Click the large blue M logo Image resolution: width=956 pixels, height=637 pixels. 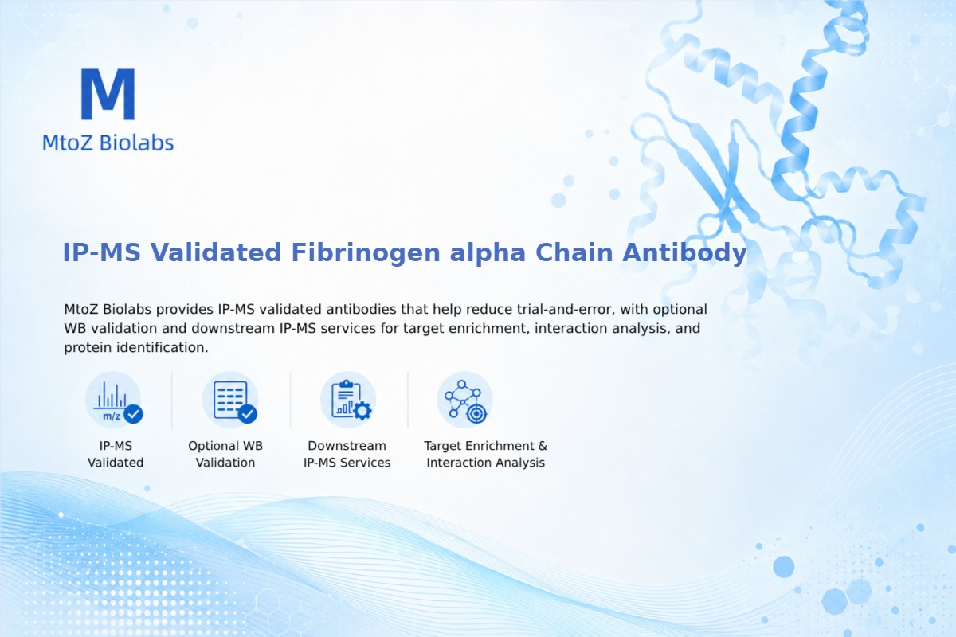point(108,94)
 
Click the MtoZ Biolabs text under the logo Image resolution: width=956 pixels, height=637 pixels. point(108,143)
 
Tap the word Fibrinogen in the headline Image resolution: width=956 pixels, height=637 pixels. point(366,252)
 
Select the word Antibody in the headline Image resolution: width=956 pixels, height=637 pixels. point(684,253)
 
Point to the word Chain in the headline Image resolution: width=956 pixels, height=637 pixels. point(574,252)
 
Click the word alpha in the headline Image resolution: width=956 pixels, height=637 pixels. point(488,253)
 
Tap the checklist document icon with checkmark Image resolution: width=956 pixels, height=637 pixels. point(231,401)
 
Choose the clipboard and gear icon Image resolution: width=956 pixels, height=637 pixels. point(348,401)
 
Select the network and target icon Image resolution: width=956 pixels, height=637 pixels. point(464,401)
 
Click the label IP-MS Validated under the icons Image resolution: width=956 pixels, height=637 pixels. point(116,454)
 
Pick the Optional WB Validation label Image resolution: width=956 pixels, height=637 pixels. point(225,454)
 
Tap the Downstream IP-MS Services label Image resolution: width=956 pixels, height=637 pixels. point(347,454)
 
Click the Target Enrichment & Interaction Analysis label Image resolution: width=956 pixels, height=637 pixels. point(486,454)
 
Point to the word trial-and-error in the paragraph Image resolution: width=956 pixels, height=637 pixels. point(566,309)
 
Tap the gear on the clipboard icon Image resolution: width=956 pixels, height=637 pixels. point(362,411)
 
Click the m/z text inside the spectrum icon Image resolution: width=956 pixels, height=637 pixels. point(112,416)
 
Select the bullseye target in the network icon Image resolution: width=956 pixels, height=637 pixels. point(476,414)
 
